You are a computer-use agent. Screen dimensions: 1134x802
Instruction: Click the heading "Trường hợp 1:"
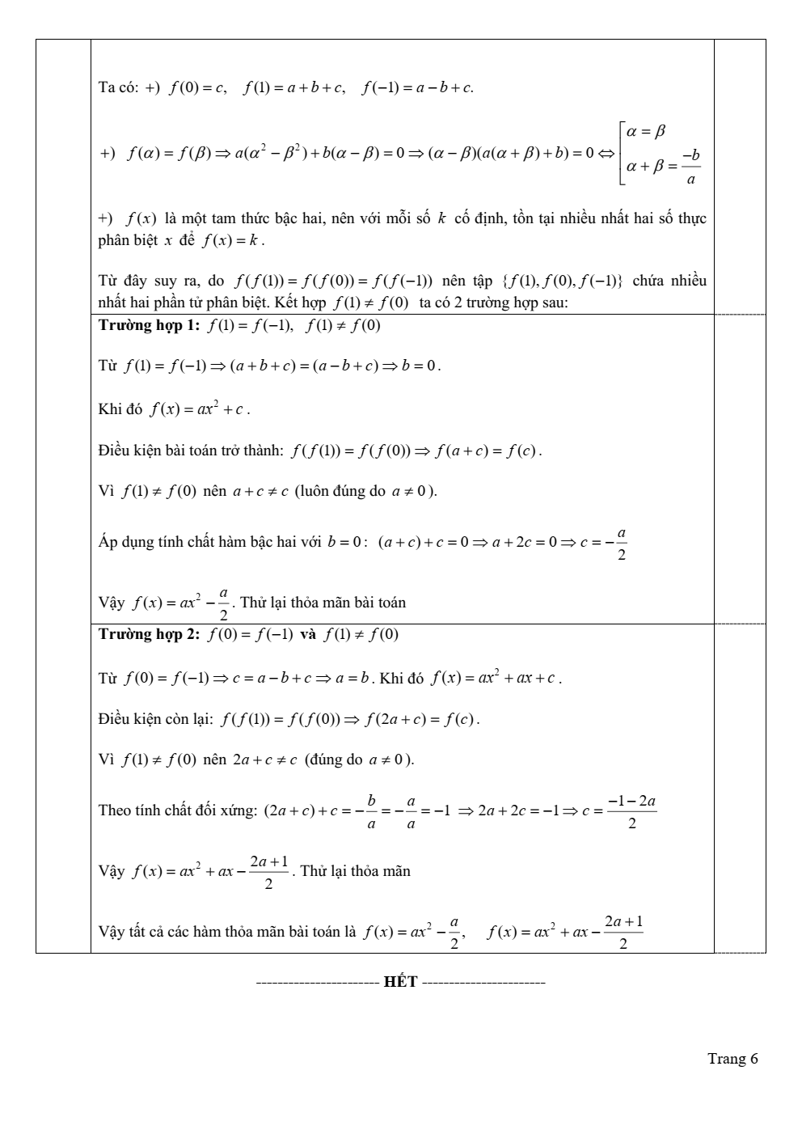pyautogui.click(x=148, y=325)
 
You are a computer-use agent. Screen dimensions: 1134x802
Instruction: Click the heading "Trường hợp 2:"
pyautogui.click(x=148, y=634)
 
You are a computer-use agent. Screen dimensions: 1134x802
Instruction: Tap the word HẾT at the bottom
pyautogui.click(x=400, y=982)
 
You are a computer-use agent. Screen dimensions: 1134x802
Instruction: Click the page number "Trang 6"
pyautogui.click(x=732, y=1059)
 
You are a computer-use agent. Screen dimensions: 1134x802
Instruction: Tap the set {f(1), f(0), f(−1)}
pyautogui.click(x=561, y=281)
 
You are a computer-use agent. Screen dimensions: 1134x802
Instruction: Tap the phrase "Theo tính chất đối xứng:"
pyautogui.click(x=177, y=810)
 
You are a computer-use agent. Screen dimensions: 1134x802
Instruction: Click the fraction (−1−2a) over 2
pyautogui.click(x=631, y=811)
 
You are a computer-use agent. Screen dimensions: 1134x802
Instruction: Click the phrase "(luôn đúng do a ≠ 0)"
pyautogui.click(x=365, y=491)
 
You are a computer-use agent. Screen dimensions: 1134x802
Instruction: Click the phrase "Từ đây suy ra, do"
pyautogui.click(x=161, y=281)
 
